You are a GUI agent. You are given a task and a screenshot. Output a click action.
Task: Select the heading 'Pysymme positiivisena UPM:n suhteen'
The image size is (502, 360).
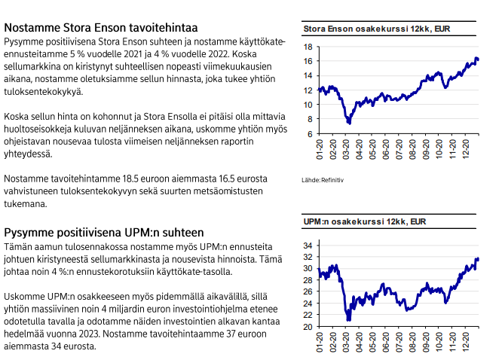tap(104, 233)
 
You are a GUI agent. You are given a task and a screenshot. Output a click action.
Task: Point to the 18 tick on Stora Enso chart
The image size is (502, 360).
tap(308, 46)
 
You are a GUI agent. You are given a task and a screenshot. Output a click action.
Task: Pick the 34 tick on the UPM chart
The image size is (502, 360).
tap(308, 246)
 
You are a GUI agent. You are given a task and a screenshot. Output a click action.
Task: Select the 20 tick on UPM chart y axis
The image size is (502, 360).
tap(308, 328)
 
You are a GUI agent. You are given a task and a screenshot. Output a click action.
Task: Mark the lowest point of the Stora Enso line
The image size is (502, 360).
tap(348, 123)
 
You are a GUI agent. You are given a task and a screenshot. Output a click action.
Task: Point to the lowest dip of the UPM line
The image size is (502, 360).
tap(348, 320)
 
